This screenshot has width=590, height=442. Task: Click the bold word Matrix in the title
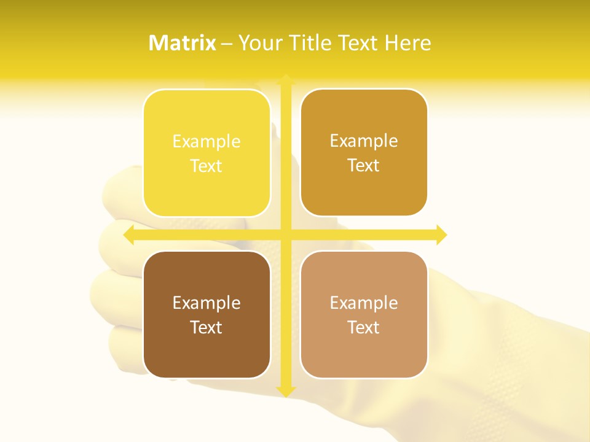(183, 43)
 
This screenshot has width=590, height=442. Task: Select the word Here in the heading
(407, 43)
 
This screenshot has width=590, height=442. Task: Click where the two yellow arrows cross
(286, 235)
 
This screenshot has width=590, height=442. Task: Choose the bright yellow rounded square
(206, 184)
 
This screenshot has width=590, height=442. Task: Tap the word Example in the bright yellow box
(206, 142)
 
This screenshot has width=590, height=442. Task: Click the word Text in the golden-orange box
(364, 166)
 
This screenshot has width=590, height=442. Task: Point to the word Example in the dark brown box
(206, 303)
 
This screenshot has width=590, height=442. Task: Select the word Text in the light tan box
(364, 327)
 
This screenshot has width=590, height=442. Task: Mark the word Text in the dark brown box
(206, 327)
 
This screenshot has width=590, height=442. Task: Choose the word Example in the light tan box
(364, 303)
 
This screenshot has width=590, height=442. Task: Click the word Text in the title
(357, 43)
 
